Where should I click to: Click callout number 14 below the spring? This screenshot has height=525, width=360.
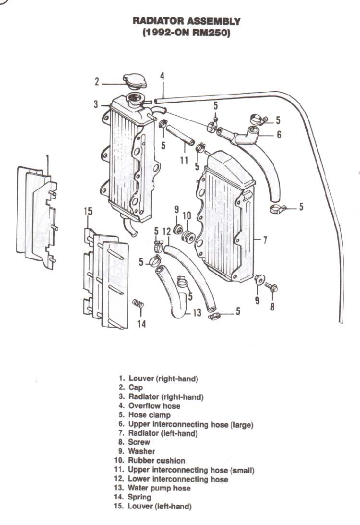click(142, 323)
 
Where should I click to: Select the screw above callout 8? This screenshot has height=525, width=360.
click(271, 286)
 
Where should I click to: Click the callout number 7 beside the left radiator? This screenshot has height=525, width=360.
click(265, 240)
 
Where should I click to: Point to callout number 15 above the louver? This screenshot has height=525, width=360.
click(88, 211)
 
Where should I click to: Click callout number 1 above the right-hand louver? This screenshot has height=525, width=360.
click(47, 159)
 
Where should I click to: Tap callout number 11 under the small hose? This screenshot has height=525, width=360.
click(184, 160)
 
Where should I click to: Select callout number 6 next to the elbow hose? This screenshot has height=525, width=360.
click(279, 134)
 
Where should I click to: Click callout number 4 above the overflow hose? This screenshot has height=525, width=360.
click(162, 76)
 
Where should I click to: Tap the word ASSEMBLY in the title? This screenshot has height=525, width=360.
click(213, 21)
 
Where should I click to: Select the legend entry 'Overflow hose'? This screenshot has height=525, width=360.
click(154, 406)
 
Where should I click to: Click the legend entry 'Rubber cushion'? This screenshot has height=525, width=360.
click(156, 460)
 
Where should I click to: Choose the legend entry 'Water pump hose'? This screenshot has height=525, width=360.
click(159, 488)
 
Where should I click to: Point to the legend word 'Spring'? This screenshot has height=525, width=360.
click(140, 497)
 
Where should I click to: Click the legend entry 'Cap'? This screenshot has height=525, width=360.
click(135, 388)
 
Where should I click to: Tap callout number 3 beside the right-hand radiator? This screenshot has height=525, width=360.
click(96, 104)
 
